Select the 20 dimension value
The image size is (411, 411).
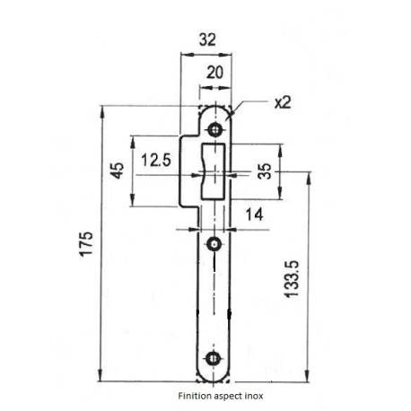click(214, 74)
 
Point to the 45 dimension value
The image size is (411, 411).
click(117, 171)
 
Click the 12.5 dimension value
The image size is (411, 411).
click(156, 161)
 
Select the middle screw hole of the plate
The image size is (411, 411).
click(214, 244)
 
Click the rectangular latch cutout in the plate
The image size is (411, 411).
click(215, 171)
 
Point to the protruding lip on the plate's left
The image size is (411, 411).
click(190, 171)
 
